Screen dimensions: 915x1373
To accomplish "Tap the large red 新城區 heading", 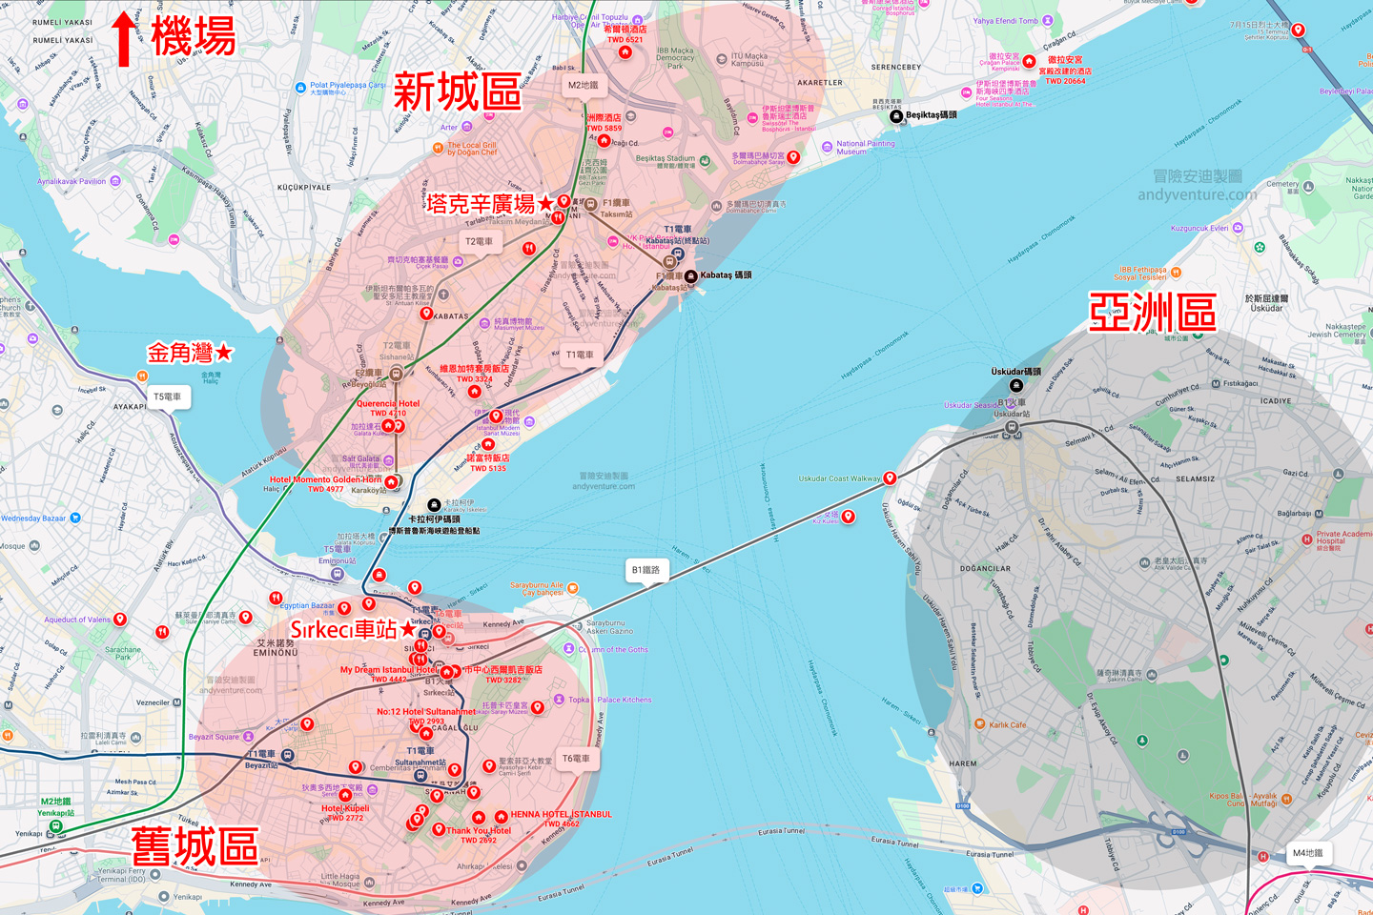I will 457,92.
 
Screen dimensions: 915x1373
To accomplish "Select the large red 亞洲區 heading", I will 1152,313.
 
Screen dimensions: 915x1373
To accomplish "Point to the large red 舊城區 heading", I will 195,845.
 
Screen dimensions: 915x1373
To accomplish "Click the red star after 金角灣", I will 224,353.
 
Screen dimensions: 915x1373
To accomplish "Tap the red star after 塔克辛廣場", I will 545,203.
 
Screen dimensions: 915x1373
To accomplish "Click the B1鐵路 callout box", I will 646,570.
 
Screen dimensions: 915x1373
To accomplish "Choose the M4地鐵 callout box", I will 1306,853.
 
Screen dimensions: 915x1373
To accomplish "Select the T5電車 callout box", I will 168,396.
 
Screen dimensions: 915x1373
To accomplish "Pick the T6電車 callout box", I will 576,759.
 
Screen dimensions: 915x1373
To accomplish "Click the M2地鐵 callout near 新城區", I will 584,85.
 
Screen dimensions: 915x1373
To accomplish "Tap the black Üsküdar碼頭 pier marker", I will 1016,385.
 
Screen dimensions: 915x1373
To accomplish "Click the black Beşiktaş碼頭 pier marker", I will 895,116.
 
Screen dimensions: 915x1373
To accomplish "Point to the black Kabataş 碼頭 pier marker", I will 690,276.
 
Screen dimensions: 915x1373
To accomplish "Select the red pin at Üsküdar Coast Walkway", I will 890,478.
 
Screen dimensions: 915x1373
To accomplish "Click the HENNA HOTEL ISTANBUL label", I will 561,814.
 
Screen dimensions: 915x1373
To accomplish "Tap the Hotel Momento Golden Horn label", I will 325,479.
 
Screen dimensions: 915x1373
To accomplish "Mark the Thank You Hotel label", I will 479,830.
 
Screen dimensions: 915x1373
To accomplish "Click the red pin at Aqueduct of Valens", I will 120,620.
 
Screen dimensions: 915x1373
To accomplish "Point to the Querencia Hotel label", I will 388,403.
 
